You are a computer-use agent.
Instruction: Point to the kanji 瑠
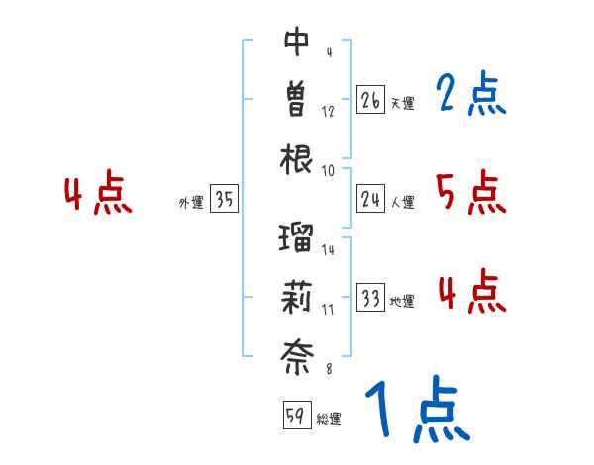point(297,237)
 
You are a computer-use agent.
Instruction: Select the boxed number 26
point(371,100)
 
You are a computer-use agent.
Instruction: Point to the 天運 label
point(402,103)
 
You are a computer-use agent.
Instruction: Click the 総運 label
point(329,418)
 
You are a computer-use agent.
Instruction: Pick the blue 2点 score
point(471,95)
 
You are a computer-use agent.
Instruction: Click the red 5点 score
point(471,192)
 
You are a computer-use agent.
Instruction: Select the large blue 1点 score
point(416,411)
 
